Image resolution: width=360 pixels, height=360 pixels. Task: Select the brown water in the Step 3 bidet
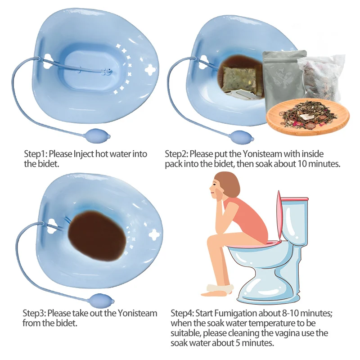point(97,237)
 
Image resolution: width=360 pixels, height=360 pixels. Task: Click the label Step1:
point(36,154)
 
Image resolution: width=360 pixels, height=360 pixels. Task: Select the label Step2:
point(176,154)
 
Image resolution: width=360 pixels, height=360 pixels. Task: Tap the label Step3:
point(35,313)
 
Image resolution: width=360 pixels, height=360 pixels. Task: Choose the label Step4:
point(183,313)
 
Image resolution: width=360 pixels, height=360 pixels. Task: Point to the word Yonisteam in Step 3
point(138,313)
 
